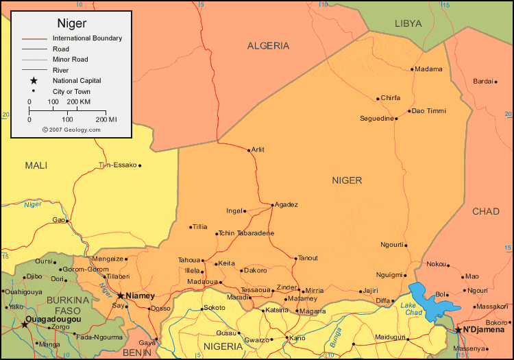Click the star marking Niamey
tap(121, 296)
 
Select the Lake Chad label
tap(412, 309)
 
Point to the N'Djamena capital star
tap(458, 330)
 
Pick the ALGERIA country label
tap(268, 46)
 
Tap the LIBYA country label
tap(408, 23)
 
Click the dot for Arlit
tap(249, 149)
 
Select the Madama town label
tap(429, 69)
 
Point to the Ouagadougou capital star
tap(25, 324)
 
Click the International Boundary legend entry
tap(87, 38)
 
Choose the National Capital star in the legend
tap(33, 80)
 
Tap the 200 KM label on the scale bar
tap(79, 101)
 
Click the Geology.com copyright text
tap(71, 129)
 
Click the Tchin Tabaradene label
tap(246, 233)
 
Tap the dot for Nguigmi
tap(407, 275)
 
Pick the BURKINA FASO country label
tap(68, 305)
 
